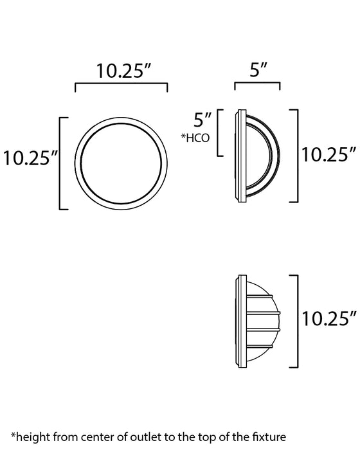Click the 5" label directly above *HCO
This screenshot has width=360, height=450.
tap(203, 120)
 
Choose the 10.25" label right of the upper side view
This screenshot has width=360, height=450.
tap(328, 154)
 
